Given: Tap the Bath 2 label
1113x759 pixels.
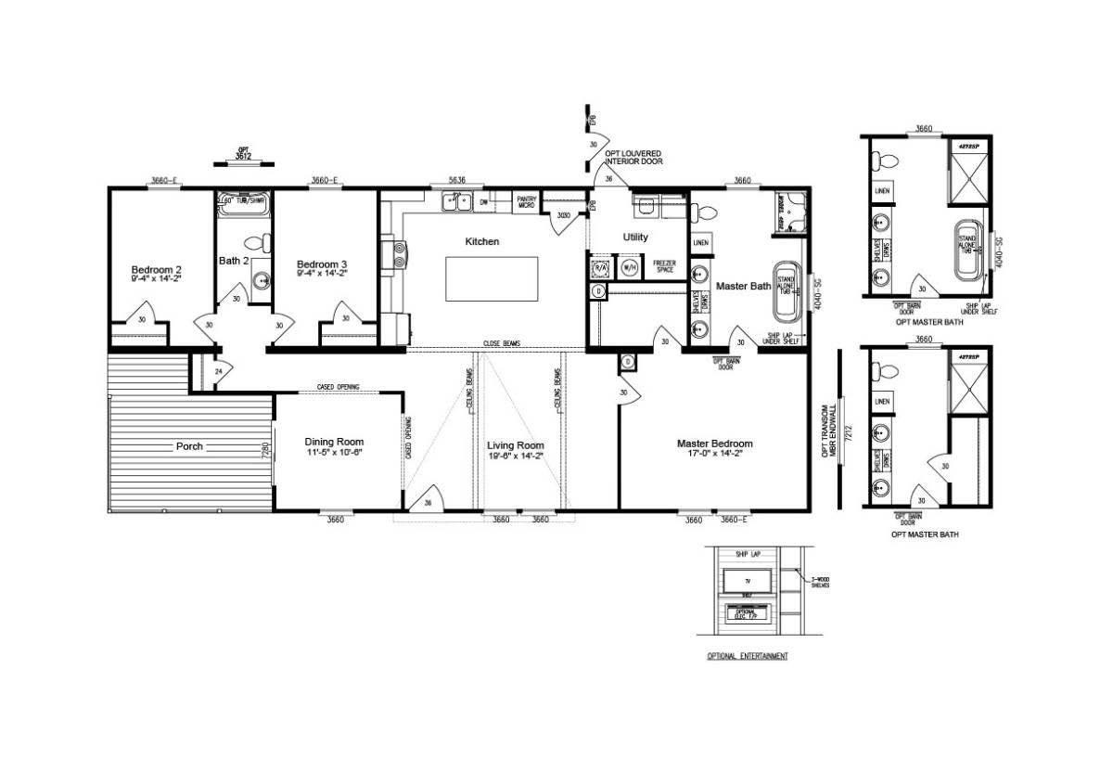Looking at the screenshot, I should tap(233, 261).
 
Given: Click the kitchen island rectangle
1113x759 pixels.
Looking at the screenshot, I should tap(492, 278).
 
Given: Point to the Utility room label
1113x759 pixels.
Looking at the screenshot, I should tap(635, 238).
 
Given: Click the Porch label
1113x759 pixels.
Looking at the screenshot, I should tap(189, 446).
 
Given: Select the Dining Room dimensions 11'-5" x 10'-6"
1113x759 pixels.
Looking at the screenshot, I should tap(335, 454).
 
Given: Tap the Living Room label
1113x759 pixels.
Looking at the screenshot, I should tap(516, 445).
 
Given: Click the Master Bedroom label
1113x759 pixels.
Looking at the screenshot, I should tap(714, 444).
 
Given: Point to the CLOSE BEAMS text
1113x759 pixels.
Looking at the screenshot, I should tap(501, 343).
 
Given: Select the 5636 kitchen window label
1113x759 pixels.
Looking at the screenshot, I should tap(456, 181).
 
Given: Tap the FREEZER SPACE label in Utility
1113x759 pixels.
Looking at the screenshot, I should tap(664, 265).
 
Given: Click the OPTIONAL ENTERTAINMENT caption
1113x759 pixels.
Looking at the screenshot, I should tap(747, 656).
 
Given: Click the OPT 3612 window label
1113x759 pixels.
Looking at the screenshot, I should tap(244, 154).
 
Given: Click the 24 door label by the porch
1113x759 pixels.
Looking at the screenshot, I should tap(218, 371).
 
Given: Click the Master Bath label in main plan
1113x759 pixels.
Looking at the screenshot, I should tap(743, 287).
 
